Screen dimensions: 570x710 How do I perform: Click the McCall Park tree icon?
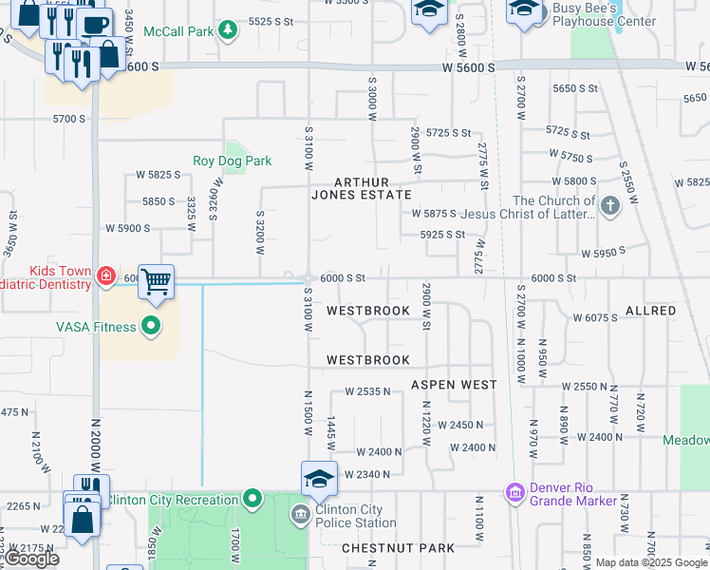pos(228,31)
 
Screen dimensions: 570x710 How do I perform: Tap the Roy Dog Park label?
pos(232,161)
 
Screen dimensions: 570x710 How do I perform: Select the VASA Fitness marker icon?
pos(151,328)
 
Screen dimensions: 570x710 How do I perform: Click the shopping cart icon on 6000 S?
pos(156,281)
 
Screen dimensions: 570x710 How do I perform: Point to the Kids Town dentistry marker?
pos(107,276)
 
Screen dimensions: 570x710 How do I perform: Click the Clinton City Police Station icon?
pos(301,515)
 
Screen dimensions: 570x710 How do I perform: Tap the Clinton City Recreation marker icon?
pos(252,499)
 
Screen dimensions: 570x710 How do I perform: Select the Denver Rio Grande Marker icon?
pos(515,492)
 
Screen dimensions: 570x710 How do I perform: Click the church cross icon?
pos(609,204)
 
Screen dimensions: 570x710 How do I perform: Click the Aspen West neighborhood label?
pos(454,385)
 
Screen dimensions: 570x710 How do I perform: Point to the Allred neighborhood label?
pos(650,311)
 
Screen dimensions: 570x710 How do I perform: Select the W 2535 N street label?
pos(367,390)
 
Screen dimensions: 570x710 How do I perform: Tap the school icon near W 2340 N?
pos(320,478)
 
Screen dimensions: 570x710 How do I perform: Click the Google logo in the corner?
pos(31,559)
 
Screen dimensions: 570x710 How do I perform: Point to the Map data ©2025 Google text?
pos(651,562)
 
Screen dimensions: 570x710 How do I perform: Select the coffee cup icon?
pos(94,25)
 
